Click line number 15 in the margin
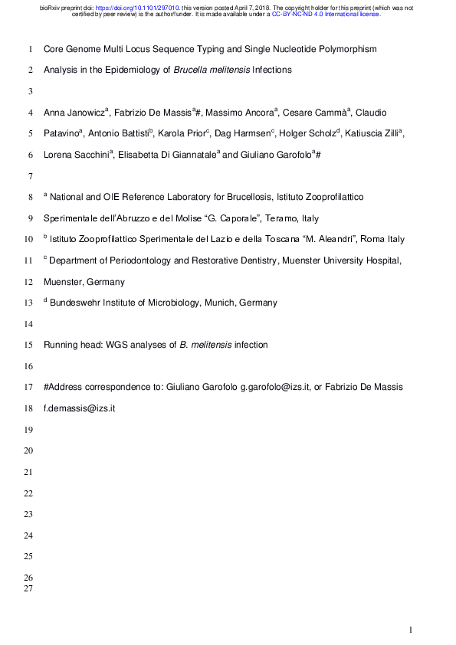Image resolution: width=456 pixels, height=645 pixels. point(28,345)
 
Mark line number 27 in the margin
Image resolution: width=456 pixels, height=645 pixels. point(28,588)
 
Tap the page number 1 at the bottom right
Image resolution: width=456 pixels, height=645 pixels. point(411,630)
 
